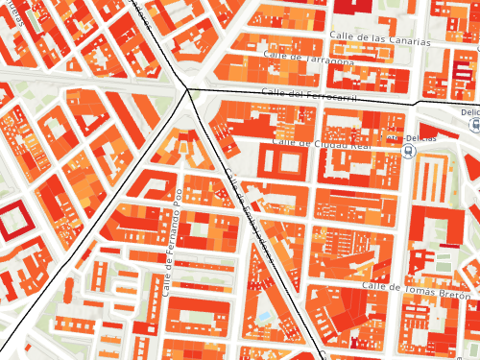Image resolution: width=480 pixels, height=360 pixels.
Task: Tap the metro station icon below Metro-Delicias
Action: click(409, 153)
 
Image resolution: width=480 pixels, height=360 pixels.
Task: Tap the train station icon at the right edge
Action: click(475, 128)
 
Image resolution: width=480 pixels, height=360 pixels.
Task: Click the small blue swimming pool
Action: click(263, 316)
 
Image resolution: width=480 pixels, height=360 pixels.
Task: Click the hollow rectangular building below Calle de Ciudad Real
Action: click(289, 161)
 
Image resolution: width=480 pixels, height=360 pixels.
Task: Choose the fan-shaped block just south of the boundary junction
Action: click(186, 144)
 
